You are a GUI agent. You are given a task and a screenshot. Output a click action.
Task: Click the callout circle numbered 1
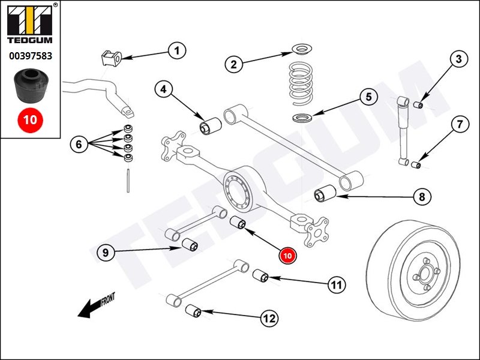coord(177,52)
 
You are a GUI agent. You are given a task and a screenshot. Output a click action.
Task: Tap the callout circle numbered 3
coord(458,59)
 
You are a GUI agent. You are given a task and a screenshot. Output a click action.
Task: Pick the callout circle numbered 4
coord(163,89)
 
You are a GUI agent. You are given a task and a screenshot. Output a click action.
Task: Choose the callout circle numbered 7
coord(459,125)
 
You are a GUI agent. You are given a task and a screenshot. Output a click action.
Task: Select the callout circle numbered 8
coord(422,196)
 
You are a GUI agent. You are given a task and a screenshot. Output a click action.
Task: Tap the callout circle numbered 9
coord(105,253)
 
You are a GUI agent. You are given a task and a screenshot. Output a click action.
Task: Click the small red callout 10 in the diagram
coord(287,255)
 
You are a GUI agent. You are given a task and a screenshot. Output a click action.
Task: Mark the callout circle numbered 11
coord(337,285)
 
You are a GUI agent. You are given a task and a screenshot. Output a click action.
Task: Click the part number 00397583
coord(30,56)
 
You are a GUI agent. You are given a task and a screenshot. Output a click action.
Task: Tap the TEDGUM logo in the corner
coord(30,25)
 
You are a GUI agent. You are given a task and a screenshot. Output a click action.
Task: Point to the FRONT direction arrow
coord(96,305)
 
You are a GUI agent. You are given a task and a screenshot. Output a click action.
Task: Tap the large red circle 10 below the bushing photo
coord(30,119)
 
